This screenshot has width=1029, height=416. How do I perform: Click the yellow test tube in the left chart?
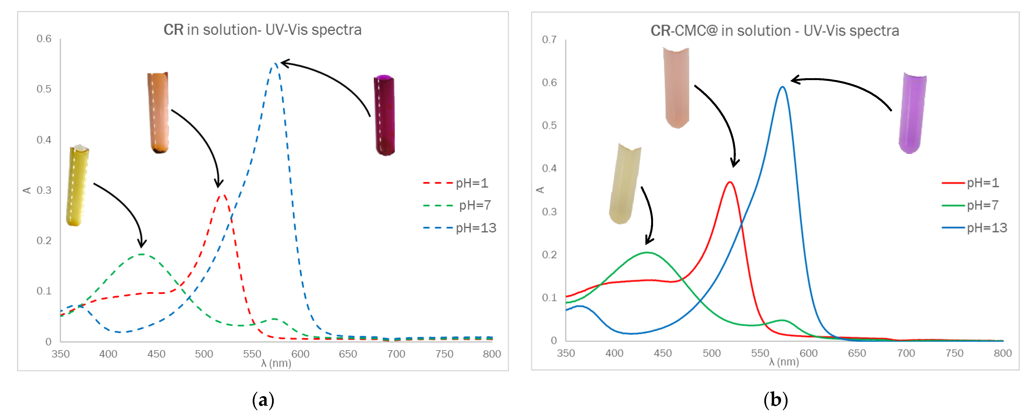pos(77,186)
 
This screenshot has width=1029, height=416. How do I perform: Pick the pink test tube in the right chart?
pos(676,88)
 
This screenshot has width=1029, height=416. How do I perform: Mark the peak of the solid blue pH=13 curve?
pos(782,87)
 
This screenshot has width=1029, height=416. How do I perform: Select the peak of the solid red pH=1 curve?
pos(730,182)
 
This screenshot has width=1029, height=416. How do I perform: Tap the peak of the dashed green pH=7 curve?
pos(142,254)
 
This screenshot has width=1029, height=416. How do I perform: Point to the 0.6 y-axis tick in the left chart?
pos(44,39)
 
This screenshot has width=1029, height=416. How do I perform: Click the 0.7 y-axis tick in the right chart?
pos(549,39)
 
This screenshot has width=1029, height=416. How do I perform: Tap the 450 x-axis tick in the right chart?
pos(663,353)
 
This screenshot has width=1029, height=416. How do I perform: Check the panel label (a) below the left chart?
pos(263,400)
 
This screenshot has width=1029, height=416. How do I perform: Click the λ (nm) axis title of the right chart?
pos(784,362)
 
